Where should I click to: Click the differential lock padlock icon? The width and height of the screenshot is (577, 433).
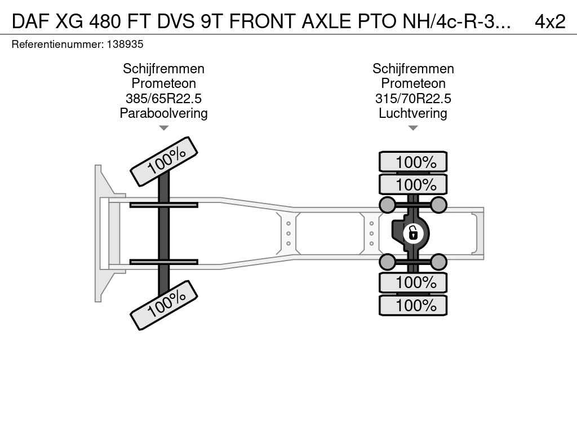[x=413, y=233]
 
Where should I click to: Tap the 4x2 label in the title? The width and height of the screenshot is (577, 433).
[x=550, y=22]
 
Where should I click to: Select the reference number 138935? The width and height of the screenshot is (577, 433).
[x=125, y=44]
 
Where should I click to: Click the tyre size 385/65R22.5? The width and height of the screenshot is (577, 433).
[x=164, y=98]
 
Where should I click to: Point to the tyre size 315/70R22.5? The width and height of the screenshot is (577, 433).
[x=413, y=98]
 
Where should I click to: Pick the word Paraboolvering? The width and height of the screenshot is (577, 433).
[x=164, y=113]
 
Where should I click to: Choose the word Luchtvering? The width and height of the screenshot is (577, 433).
[x=413, y=113]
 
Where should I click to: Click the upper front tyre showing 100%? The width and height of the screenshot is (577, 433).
[x=164, y=162]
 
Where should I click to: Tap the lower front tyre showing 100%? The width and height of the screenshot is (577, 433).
[x=164, y=305]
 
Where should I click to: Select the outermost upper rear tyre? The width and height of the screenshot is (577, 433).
[x=413, y=162]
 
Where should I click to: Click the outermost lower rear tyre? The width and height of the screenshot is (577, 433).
[x=413, y=305]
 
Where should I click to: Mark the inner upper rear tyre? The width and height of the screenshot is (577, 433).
[x=413, y=184]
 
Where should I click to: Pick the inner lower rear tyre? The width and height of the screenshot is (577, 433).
[x=413, y=283]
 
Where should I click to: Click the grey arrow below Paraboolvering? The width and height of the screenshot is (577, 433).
[x=164, y=128]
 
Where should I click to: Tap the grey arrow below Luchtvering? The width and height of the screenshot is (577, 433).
[x=413, y=128]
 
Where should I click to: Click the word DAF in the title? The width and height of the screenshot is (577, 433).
[x=30, y=22]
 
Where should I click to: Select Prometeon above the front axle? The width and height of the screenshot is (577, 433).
[x=164, y=83]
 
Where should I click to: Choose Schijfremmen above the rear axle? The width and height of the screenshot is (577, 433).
[x=413, y=68]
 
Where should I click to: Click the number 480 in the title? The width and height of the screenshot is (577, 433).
[x=104, y=22]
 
